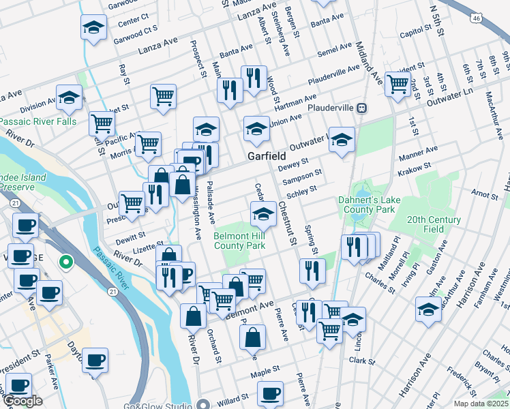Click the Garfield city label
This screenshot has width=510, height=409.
tap(267, 156)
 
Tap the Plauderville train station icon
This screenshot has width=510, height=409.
tap(363, 108)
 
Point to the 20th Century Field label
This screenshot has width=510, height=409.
tap(434, 225)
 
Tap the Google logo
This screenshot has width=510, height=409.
tap(22, 402)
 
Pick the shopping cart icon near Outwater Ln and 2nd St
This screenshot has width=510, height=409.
tap(397, 85)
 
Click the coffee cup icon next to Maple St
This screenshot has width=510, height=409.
tap(271, 393)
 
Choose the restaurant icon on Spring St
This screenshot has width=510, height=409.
tap(312, 270)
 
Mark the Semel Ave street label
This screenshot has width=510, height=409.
tap(334, 51)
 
